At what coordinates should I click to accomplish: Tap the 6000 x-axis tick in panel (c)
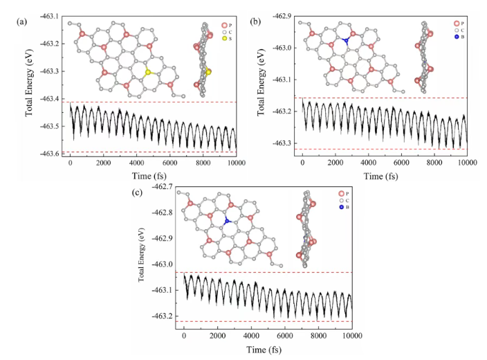[x=284, y=335]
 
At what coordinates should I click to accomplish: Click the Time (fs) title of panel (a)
[x=147, y=172]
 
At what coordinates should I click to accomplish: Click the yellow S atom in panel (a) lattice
[x=147, y=72]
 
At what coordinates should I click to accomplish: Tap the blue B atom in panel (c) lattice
[x=226, y=221]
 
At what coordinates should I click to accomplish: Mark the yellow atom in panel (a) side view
[x=208, y=72]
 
